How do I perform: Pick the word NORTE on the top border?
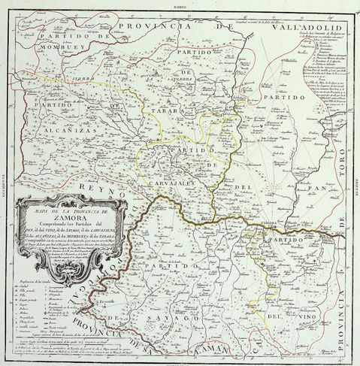coord(179,4)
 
